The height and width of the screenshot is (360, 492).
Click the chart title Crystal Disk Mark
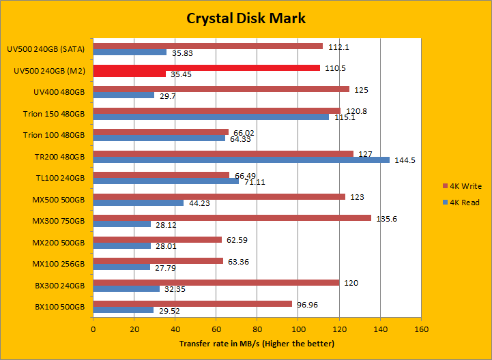246,18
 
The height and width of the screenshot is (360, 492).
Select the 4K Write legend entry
465,186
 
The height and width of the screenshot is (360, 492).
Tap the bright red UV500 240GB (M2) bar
206,67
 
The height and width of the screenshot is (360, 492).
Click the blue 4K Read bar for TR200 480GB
241,160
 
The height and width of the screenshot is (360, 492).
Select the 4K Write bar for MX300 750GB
232,218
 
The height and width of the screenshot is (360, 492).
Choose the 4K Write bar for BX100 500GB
192,303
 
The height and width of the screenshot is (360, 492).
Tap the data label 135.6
387,219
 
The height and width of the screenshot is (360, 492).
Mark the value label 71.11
255,182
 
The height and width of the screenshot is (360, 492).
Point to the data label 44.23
200,202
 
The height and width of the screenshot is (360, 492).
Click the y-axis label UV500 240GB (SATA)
46,49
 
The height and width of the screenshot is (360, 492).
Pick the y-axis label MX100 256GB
59,263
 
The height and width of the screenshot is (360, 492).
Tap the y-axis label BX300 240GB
59,285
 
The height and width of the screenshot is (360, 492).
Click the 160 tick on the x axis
421,329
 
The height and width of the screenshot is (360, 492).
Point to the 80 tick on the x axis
257,329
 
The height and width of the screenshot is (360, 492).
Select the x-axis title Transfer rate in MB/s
257,343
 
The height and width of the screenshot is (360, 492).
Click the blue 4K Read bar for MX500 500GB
139,202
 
